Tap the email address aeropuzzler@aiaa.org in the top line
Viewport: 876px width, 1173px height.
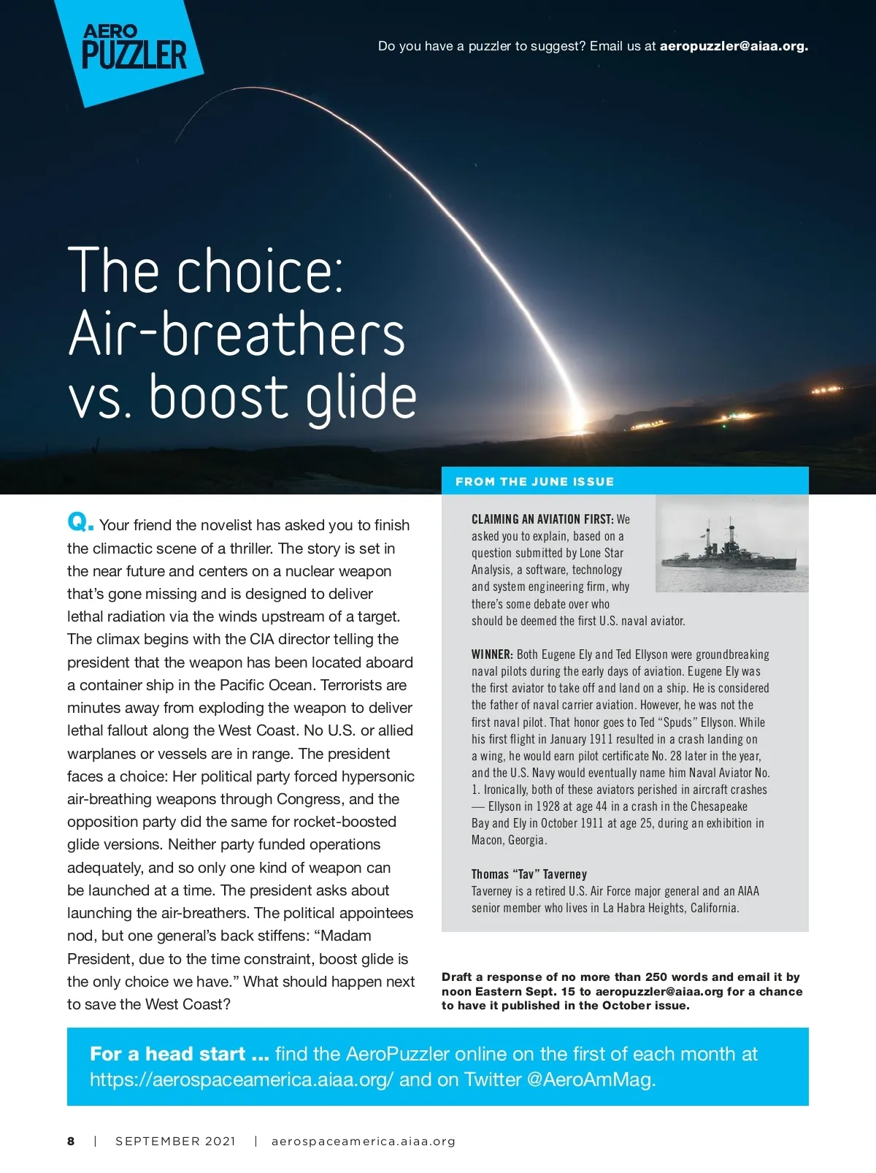[x=734, y=46]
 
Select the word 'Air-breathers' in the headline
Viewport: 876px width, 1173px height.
[x=237, y=333]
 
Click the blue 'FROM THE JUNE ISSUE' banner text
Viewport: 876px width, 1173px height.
[x=534, y=481]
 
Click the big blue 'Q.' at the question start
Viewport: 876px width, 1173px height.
[x=80, y=522]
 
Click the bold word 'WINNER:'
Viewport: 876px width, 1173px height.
[x=492, y=654]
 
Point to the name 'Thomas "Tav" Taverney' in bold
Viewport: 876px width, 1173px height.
[x=529, y=874]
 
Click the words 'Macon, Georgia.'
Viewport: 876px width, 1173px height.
[x=509, y=840]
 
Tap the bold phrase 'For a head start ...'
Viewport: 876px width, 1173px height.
[x=180, y=1054]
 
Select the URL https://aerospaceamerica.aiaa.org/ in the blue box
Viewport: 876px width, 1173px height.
[x=242, y=1080]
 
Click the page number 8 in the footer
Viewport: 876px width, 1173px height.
[x=71, y=1141]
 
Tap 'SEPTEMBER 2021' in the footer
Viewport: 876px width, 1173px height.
[x=175, y=1141]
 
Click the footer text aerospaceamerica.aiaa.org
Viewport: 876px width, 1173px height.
[x=363, y=1141]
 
